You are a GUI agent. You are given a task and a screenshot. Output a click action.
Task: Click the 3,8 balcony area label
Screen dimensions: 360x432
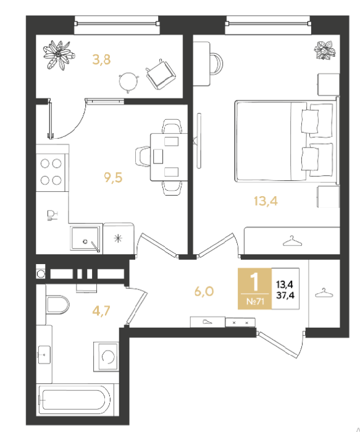(101, 59)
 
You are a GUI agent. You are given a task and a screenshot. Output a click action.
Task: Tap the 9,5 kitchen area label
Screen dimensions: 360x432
(113, 177)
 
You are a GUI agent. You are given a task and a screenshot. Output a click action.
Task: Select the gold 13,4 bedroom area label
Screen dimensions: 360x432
(266, 201)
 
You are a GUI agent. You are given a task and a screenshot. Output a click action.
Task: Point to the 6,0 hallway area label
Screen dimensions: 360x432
(204, 291)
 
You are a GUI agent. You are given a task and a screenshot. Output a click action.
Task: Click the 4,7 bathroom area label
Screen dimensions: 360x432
(101, 311)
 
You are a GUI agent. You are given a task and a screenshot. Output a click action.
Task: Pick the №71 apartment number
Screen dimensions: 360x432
(255, 301)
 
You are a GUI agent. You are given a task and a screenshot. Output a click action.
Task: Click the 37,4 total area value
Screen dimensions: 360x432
(285, 296)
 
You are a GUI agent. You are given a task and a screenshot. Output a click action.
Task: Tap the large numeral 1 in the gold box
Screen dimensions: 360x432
(254, 281)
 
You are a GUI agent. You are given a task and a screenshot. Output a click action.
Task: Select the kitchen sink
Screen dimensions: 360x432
(85, 238)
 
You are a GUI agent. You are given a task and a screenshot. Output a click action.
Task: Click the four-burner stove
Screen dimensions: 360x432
(51, 172)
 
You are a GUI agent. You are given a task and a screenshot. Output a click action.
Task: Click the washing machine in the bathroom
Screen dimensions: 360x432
(106, 356)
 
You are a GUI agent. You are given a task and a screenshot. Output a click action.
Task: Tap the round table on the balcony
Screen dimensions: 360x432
(128, 81)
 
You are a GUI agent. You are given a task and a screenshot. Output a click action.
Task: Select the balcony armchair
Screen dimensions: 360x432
(161, 74)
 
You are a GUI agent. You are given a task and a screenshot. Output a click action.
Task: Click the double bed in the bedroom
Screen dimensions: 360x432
(287, 141)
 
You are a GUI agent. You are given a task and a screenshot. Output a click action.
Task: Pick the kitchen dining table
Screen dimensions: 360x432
(169, 157)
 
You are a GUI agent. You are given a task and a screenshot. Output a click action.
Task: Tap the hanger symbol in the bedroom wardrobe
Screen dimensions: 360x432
(292, 241)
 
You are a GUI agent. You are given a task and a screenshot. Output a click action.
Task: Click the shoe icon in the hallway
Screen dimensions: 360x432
(207, 322)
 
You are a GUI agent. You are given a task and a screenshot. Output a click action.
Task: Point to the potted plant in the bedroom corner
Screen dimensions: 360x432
(325, 50)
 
